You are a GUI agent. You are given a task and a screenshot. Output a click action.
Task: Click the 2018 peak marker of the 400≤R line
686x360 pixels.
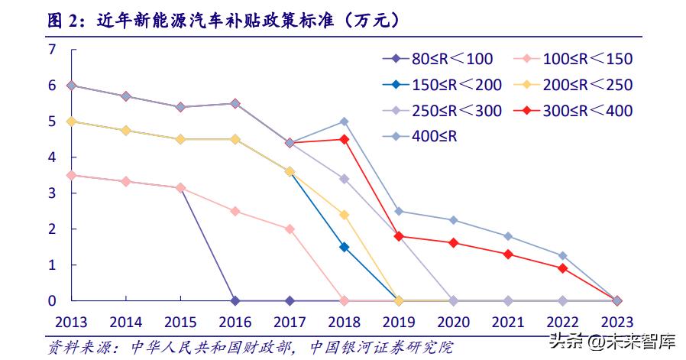344,122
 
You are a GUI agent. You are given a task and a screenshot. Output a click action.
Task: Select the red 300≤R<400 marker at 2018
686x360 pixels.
344,139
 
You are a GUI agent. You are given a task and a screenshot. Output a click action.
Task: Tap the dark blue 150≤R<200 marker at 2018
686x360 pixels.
344,247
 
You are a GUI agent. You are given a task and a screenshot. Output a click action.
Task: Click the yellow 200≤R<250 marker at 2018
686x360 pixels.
344,215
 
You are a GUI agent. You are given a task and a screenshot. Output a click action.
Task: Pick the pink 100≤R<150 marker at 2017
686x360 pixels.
290,229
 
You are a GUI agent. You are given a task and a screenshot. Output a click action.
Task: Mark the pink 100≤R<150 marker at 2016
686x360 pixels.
235,211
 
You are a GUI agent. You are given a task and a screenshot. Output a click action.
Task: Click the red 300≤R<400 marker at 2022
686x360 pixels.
562,268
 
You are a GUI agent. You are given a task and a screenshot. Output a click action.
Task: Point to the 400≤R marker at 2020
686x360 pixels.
453,220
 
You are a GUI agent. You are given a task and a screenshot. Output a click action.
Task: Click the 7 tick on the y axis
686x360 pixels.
53,50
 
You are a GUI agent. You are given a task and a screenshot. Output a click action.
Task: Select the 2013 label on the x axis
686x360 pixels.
71,321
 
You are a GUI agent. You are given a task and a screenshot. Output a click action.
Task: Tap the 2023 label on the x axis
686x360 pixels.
616,321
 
